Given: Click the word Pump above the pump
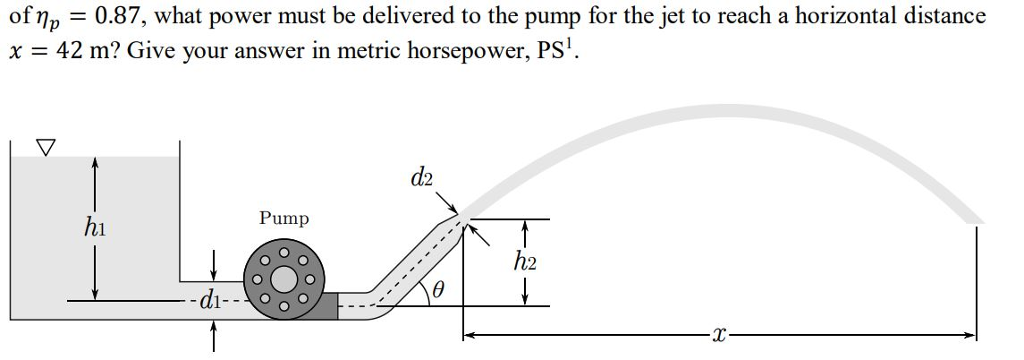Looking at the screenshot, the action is pos(284,218).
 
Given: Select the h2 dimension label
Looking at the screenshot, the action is pos(525,262).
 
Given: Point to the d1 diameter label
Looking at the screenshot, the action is pos(211,299).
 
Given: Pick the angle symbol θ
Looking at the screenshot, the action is pos(437,290).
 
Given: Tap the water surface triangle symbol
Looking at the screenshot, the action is pos(44,147).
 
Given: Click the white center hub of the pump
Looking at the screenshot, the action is pos(284,279).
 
